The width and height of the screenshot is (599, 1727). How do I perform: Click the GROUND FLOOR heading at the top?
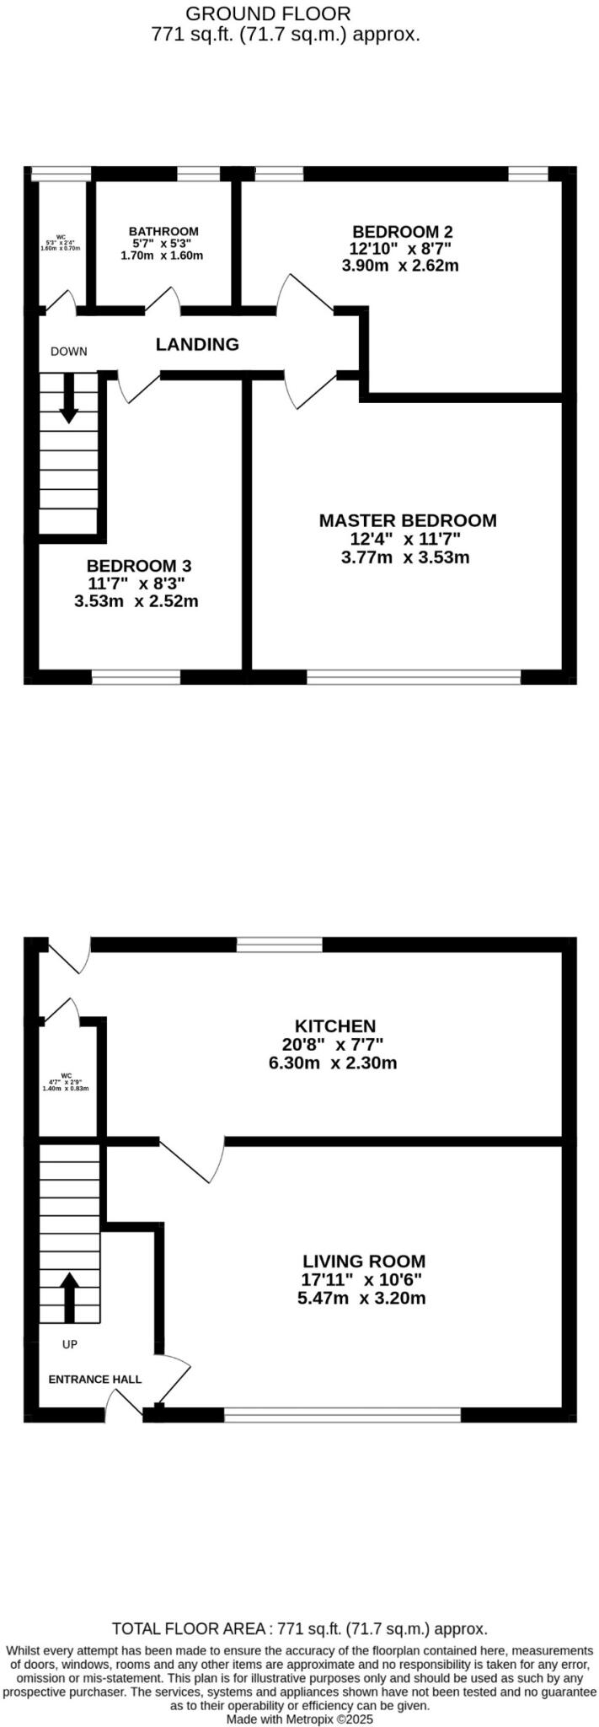tap(268, 13)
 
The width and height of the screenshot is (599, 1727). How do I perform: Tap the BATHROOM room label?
tap(163, 231)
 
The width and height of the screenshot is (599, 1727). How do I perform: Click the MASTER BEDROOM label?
tap(407, 520)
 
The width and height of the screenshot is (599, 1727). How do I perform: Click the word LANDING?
tap(197, 344)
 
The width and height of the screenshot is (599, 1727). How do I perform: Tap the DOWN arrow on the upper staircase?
tap(68, 396)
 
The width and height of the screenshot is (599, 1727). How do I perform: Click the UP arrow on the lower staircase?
tap(68, 1297)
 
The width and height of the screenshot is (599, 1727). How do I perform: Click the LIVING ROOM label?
tap(364, 1262)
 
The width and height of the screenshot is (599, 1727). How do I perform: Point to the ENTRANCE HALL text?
tap(95, 1380)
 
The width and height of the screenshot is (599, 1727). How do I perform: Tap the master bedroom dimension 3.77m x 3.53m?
tap(405, 557)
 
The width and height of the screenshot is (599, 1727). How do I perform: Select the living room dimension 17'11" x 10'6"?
tap(362, 1279)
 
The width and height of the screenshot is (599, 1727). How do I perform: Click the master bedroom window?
tap(414, 675)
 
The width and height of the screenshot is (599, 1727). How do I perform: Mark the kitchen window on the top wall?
tap(280, 945)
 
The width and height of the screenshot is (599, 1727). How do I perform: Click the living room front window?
tap(343, 1414)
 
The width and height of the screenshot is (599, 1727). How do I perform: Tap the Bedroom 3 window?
tap(136, 675)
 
